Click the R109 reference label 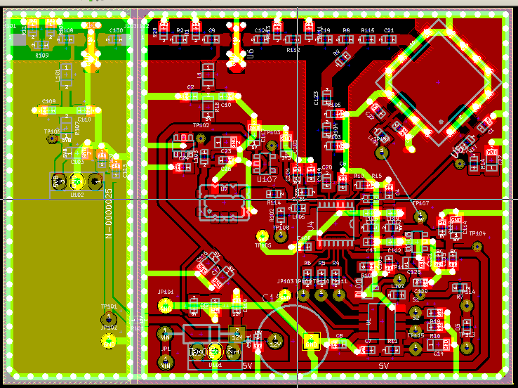[41, 55]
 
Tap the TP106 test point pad [51, 139]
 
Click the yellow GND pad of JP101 [166, 305]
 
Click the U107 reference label [266, 179]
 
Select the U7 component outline [224, 201]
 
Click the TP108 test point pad [280, 236]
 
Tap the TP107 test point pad [420, 216]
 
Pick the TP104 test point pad [477, 245]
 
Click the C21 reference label [389, 30]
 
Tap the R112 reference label [293, 51]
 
